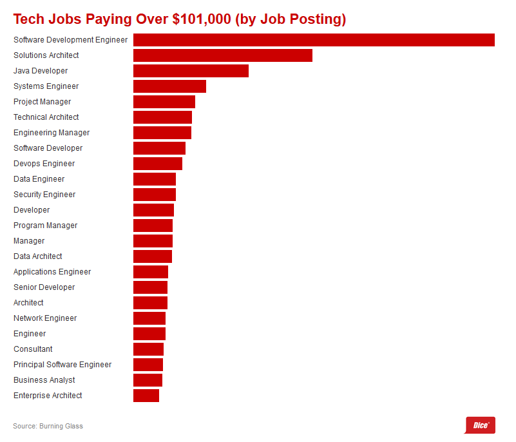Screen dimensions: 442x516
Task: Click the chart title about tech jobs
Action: coord(179,19)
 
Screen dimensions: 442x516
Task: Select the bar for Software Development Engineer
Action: coord(314,40)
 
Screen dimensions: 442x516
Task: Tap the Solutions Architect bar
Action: coord(222,55)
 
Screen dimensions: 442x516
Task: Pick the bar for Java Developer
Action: coord(191,71)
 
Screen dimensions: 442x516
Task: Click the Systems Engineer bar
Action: coord(169,86)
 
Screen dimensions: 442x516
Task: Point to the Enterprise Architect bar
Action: coord(146,396)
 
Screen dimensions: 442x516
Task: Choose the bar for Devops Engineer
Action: coord(158,164)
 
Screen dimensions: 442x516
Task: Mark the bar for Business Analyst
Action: coord(148,380)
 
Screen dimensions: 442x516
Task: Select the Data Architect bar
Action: coord(153,256)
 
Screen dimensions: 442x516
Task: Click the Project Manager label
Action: coord(43,102)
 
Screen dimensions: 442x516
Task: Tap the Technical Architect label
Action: coord(46,117)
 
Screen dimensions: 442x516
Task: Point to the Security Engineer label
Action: coord(44,195)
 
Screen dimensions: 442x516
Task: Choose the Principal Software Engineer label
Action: coord(62,365)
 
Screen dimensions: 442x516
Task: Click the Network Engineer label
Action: coord(45,318)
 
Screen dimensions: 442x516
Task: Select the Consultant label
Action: coord(33,349)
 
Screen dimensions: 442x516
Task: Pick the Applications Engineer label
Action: coord(52,272)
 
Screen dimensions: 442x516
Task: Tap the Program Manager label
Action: coord(45,226)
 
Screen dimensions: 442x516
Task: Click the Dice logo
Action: coord(480,425)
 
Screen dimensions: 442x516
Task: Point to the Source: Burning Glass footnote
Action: coord(48,426)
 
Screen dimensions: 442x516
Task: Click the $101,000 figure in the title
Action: coord(202,19)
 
